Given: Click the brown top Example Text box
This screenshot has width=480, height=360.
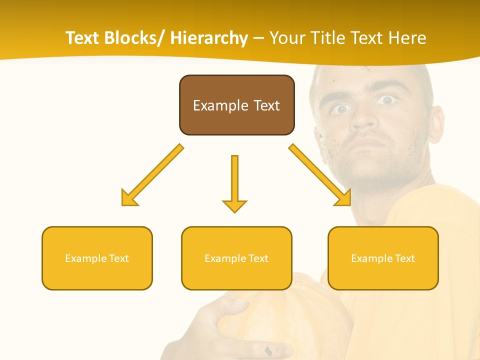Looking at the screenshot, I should [x=236, y=105].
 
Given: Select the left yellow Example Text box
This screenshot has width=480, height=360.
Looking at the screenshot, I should [x=97, y=258].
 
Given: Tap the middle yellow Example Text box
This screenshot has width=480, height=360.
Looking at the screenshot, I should [x=236, y=258].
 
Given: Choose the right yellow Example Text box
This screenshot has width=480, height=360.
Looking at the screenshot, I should [x=383, y=258].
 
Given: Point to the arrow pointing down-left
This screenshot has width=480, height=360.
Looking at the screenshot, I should [x=152, y=175].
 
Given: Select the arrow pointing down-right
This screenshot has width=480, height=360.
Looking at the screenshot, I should [x=320, y=175].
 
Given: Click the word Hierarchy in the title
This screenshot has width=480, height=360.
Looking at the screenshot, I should [x=209, y=38].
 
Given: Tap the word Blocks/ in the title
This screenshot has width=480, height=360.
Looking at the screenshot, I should [x=134, y=38].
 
